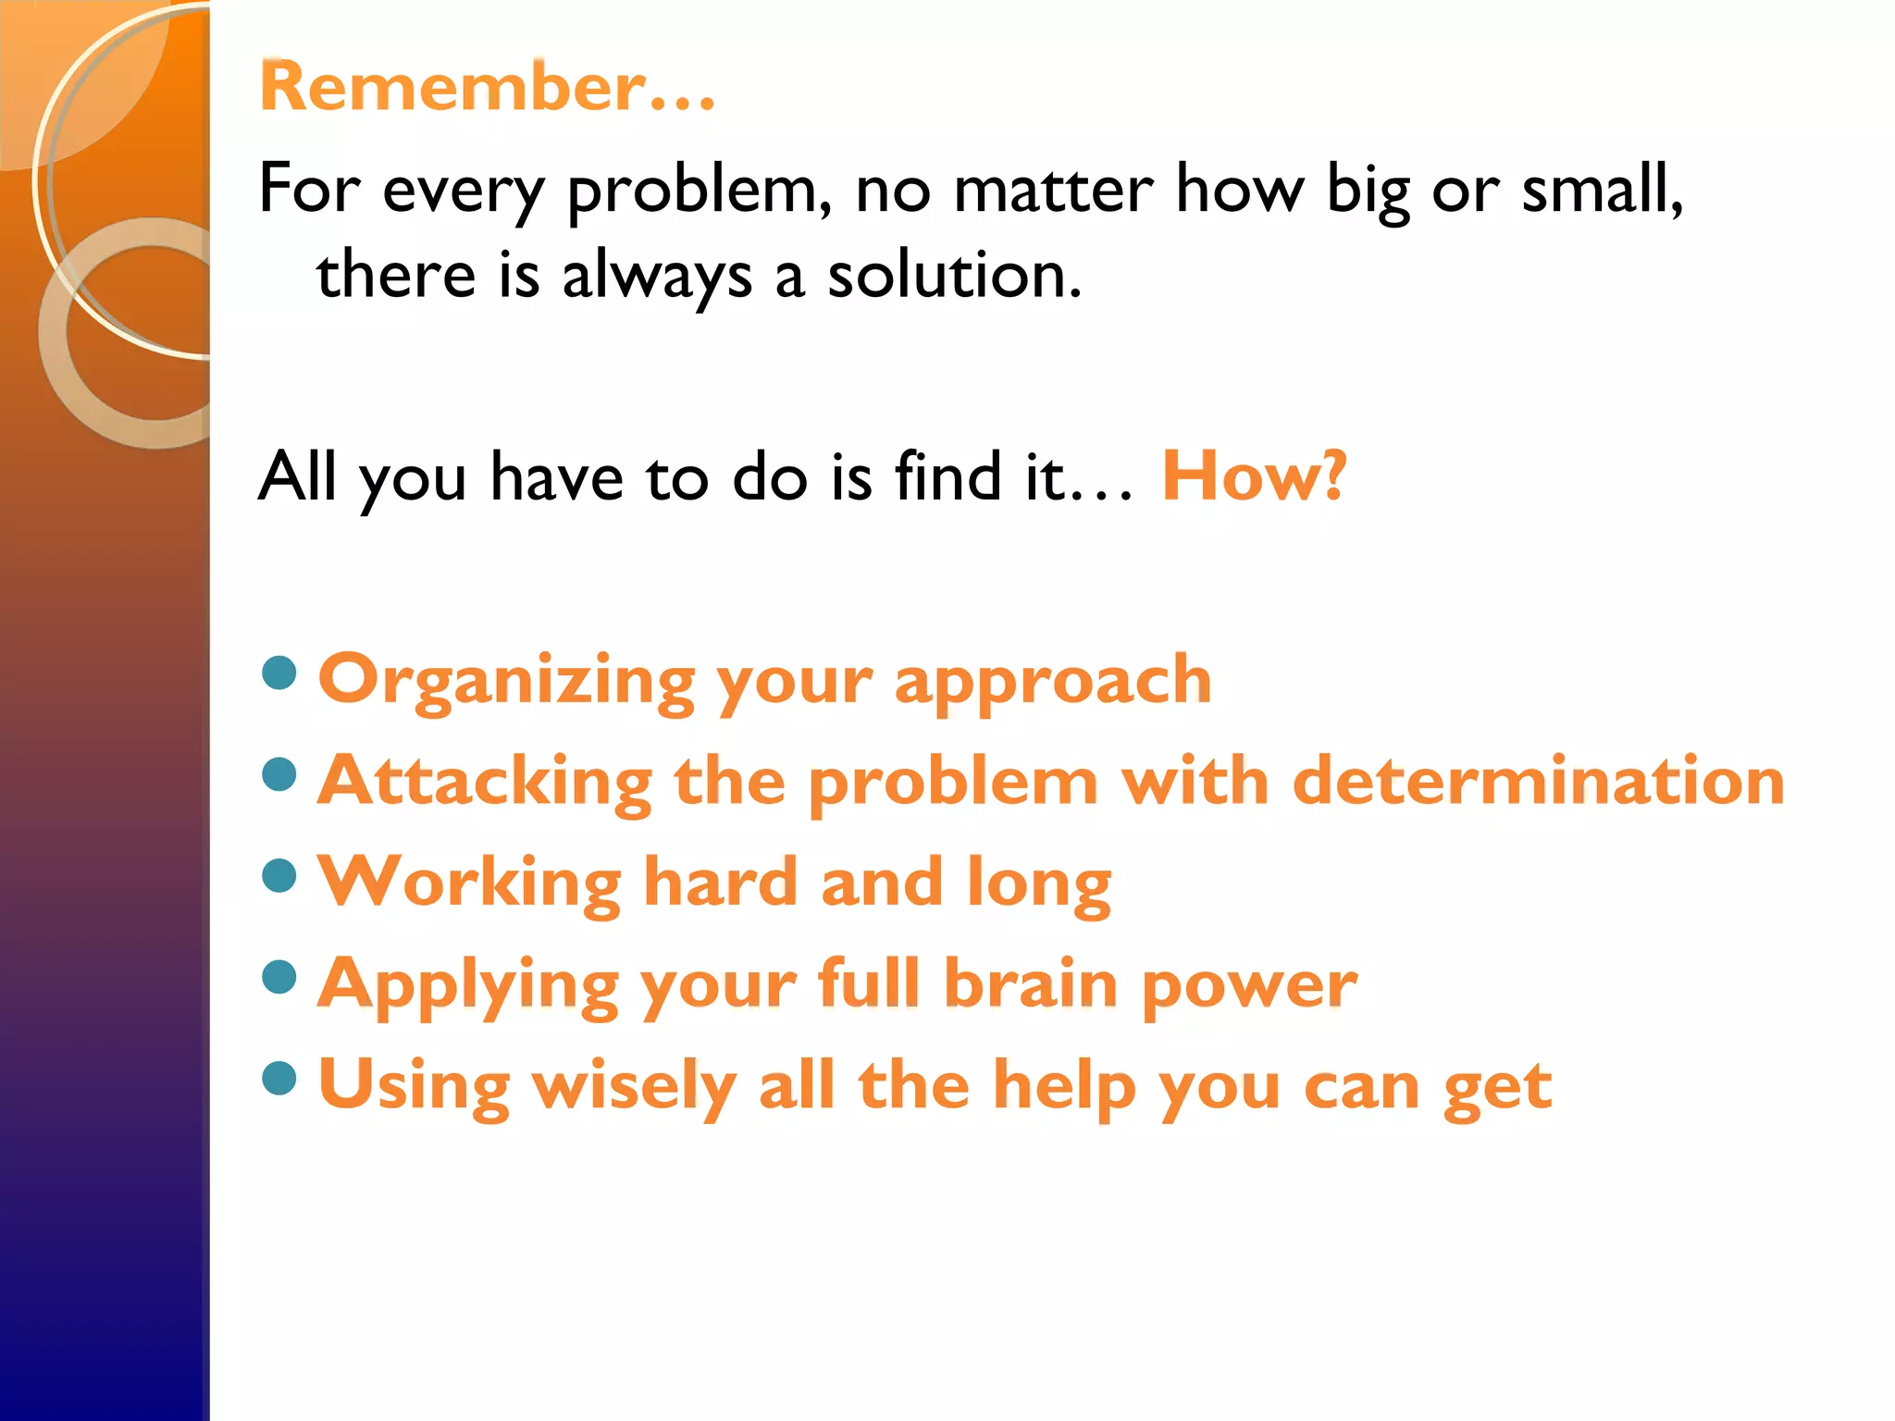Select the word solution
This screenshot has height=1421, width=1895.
pos(953,276)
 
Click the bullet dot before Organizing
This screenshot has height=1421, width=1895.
pos(279,673)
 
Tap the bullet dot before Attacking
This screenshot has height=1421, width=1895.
pos(279,774)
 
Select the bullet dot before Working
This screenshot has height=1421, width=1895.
pos(279,875)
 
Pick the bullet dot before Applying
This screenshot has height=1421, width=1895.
pos(279,976)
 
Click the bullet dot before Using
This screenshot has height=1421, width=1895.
pos(279,1077)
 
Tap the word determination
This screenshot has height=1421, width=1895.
pos(1538,781)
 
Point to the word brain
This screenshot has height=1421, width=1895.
pos(1031,983)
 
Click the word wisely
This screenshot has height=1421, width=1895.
pos(635,1086)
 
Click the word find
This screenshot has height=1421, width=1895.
pos(948,476)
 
